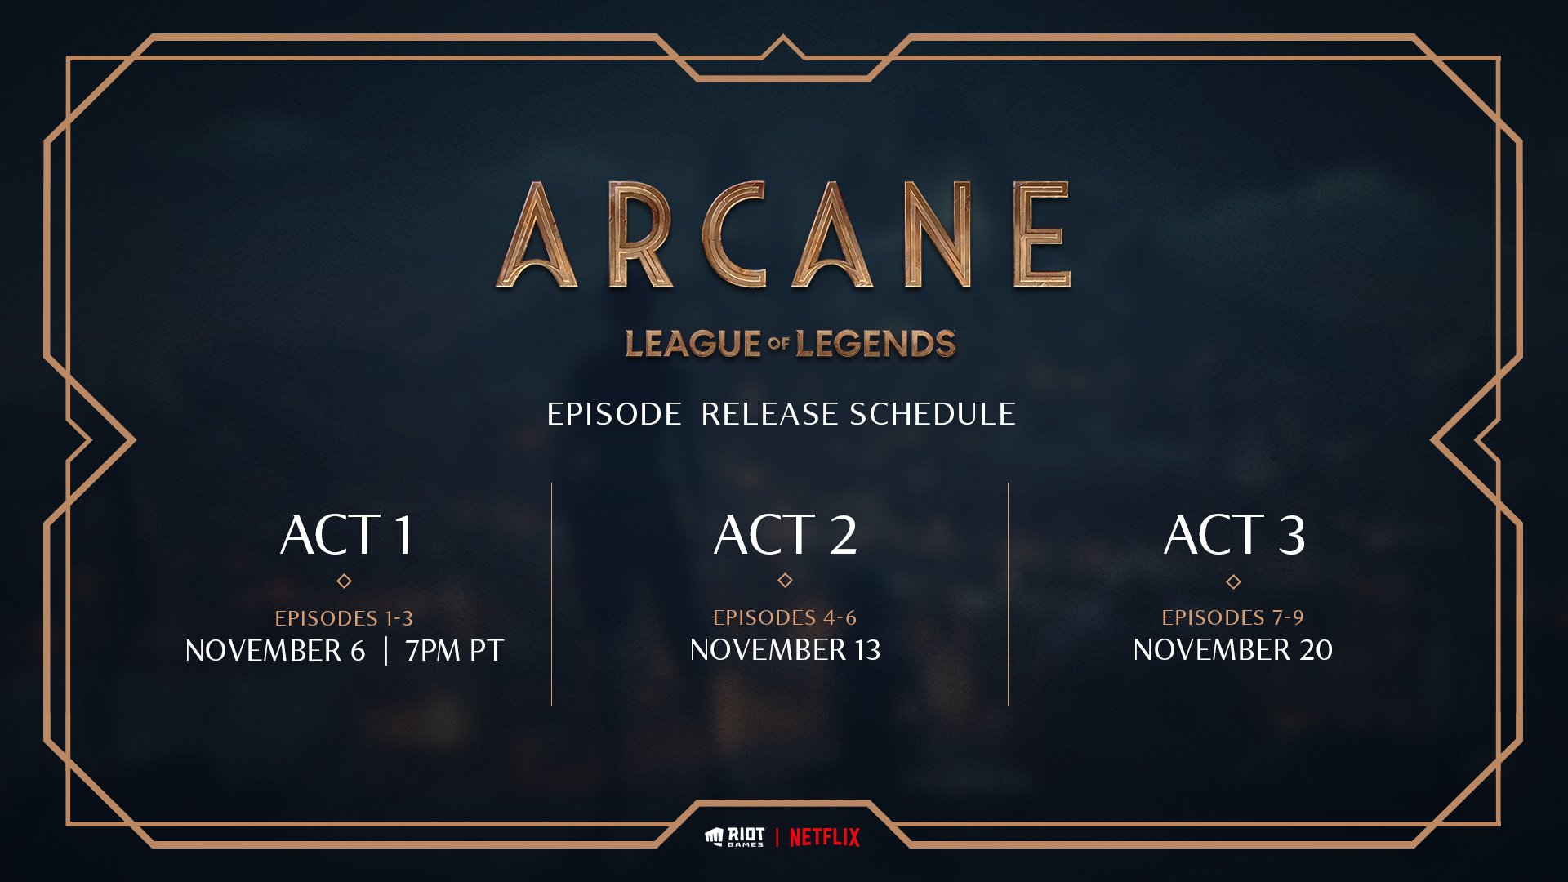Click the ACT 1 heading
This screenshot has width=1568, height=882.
(346, 535)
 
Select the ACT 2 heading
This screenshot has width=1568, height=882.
(785, 535)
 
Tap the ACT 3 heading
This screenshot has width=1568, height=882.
(1234, 535)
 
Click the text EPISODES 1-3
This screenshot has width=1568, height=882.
(344, 618)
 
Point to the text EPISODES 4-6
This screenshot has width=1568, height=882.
(785, 617)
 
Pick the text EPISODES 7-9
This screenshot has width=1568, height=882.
(1233, 617)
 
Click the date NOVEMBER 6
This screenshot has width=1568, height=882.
(275, 651)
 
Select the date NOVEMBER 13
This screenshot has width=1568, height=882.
(785, 650)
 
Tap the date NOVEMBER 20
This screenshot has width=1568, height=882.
(1233, 650)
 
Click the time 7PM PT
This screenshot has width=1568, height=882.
(455, 651)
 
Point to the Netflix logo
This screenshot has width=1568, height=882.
(824, 837)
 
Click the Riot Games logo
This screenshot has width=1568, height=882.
(735, 837)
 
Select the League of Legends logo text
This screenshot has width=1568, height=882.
(790, 344)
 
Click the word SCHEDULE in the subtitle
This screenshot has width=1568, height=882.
(933, 414)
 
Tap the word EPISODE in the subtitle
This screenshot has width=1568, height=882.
(614, 414)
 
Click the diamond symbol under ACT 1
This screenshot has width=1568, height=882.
(344, 581)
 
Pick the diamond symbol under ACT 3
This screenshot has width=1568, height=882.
(1233, 582)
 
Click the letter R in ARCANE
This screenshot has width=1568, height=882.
(640, 235)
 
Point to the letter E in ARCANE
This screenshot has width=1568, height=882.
(1041, 235)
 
